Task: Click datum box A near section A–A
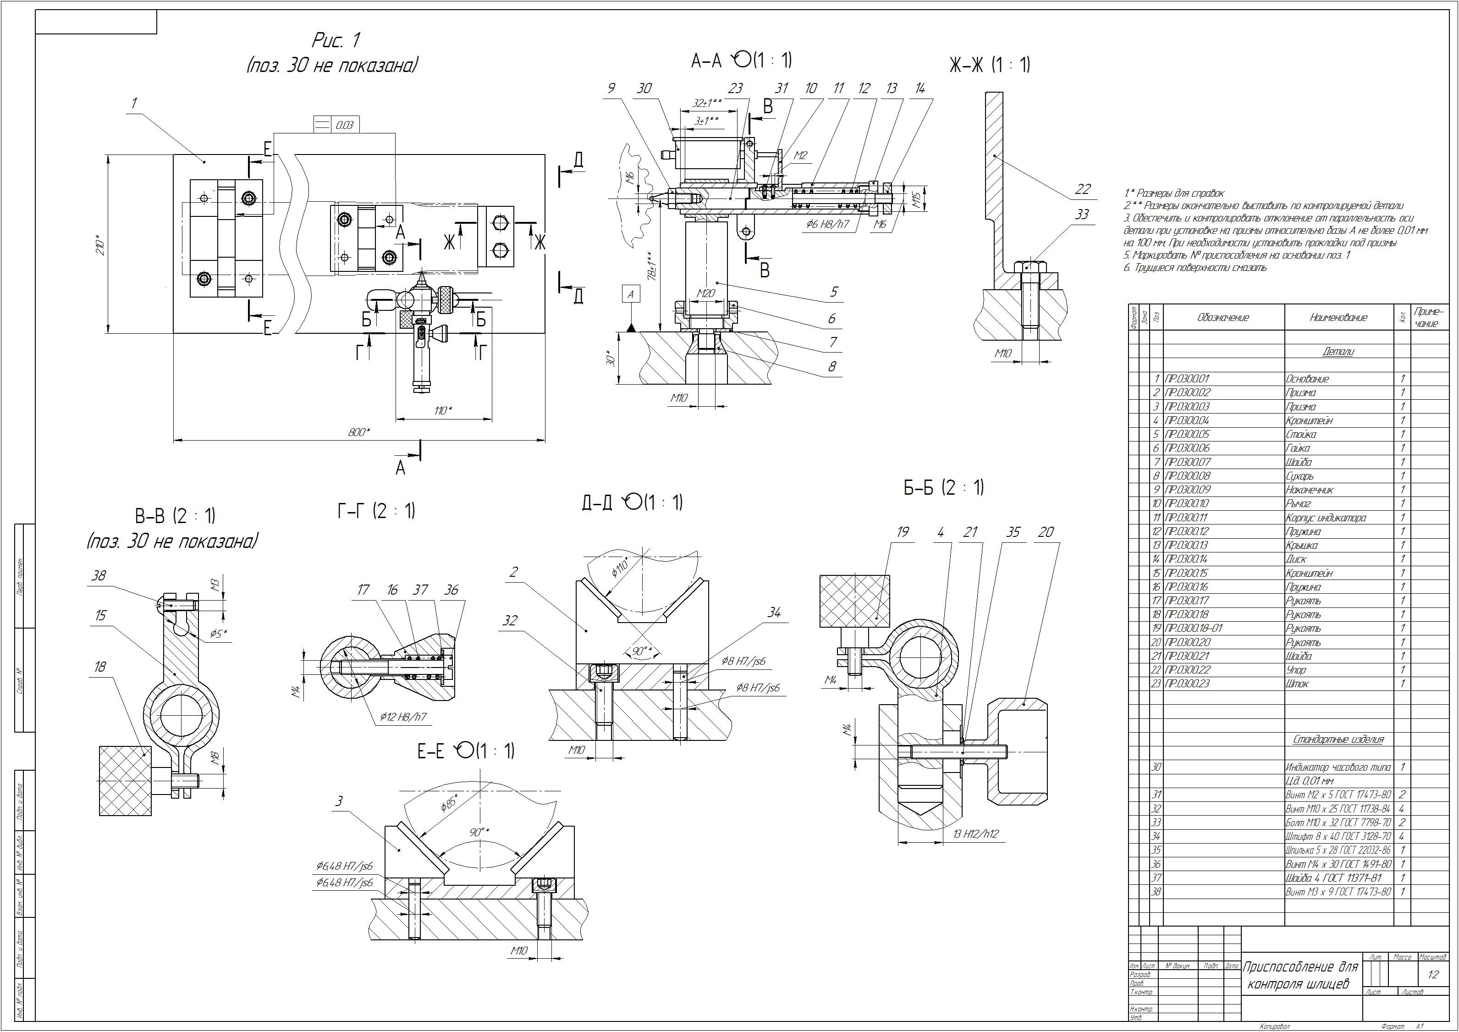(630, 294)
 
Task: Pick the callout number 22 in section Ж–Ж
(1082, 189)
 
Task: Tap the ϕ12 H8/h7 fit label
(403, 717)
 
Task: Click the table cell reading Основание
(1307, 379)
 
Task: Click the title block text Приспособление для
(1300, 968)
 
